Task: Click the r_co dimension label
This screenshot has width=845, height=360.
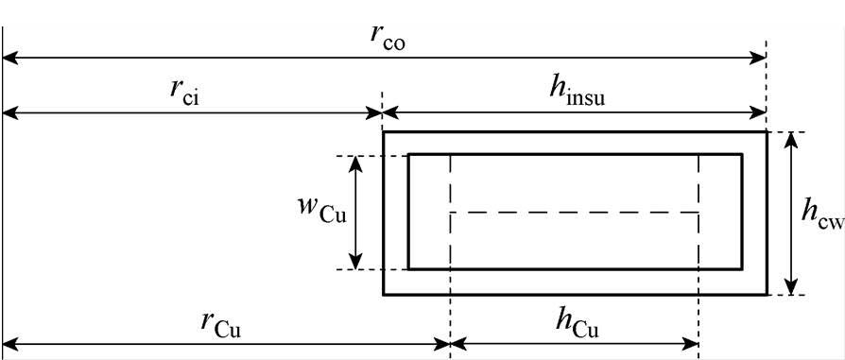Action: click(x=388, y=39)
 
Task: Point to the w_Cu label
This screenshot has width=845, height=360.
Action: click(x=321, y=212)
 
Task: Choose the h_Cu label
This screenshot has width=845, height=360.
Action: click(x=575, y=322)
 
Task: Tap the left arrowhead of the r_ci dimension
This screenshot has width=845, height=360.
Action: click(x=9, y=114)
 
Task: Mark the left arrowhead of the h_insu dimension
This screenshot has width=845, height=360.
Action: click(x=388, y=114)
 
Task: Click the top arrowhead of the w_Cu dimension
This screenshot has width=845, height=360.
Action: click(x=356, y=162)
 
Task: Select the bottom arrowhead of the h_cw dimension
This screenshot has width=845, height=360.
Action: click(x=793, y=288)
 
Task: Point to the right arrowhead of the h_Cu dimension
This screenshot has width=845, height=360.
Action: click(x=692, y=343)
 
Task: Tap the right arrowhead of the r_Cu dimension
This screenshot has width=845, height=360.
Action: click(x=443, y=343)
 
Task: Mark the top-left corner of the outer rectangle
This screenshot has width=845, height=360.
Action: click(x=384, y=132)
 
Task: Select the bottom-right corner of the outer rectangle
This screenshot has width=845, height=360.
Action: click(x=767, y=295)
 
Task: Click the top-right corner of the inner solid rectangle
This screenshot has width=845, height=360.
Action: click(x=742, y=154)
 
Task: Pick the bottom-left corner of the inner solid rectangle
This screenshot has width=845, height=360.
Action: click(x=408, y=269)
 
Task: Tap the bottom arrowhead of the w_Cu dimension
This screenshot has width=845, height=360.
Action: click(x=356, y=264)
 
